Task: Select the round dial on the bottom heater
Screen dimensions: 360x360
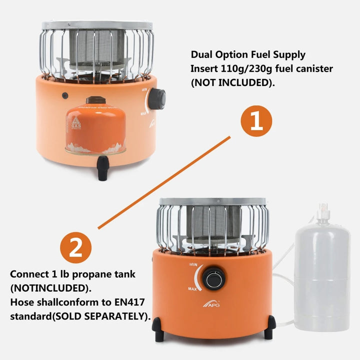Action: point(216,278)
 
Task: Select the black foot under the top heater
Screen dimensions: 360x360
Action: point(103,168)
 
